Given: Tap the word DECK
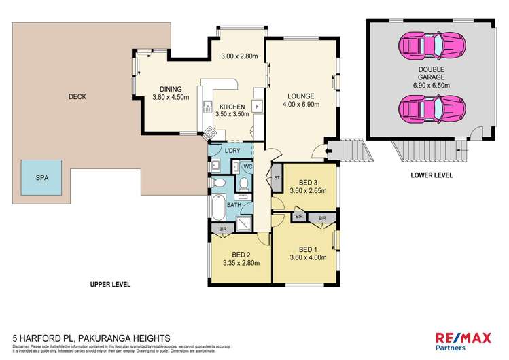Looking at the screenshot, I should [77, 96].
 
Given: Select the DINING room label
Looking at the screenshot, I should [170, 89].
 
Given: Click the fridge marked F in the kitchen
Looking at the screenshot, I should [258, 107].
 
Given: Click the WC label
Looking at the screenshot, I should [248, 166].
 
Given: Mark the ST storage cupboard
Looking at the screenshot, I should [277, 179].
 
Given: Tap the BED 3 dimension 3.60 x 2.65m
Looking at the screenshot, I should [309, 191].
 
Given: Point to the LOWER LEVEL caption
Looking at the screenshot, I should [432, 175].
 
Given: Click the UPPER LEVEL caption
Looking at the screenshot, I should [111, 284].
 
